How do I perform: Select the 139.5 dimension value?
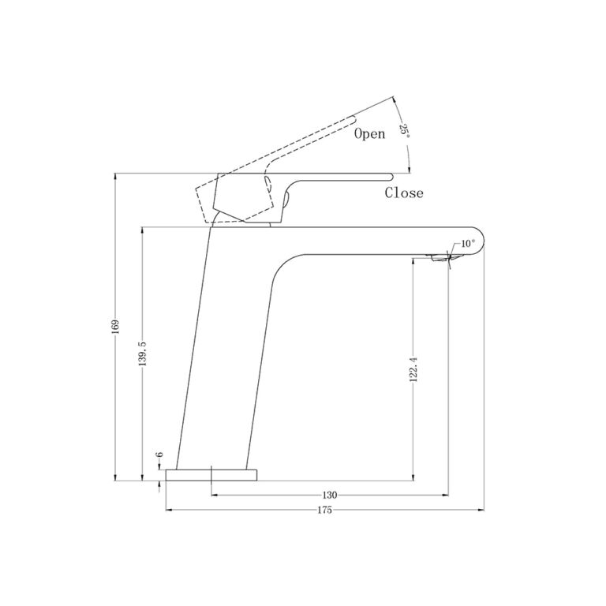tap(142, 353)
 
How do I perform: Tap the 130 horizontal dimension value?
tap(330, 495)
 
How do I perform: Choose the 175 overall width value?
tap(324, 510)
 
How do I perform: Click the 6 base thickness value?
tap(159, 455)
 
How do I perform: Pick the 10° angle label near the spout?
tap(467, 244)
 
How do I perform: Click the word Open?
tap(369, 134)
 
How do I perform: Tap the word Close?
tap(404, 193)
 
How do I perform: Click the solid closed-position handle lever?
tap(339, 176)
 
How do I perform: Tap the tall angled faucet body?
tap(225, 347)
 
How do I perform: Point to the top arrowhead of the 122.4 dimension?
tap(413, 260)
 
